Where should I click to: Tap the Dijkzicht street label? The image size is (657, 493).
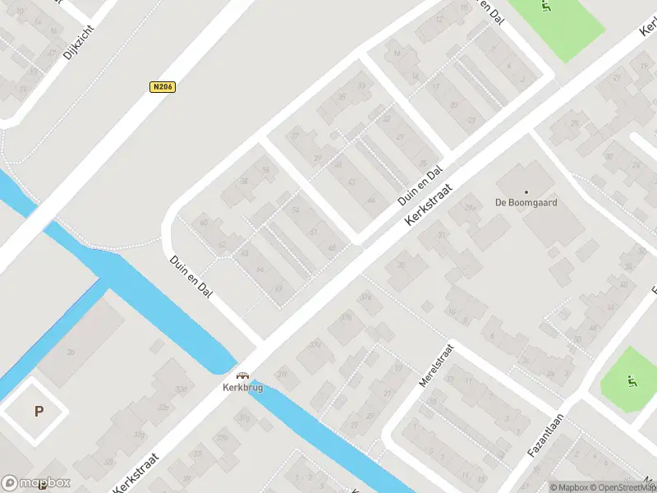tap(79, 41)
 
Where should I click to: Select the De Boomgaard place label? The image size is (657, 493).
tap(526, 202)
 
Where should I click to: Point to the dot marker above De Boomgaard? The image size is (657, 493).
tap(526, 191)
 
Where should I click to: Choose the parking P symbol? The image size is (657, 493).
tap(38, 412)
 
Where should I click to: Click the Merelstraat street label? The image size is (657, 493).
tap(435, 389)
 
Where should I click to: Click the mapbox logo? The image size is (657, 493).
tap(36, 483)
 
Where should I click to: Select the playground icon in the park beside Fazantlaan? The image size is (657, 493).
tap(631, 380)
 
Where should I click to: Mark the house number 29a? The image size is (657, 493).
tap(471, 209)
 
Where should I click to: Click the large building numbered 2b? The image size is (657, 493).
tap(70, 353)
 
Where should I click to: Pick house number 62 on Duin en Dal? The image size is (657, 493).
tap(222, 244)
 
